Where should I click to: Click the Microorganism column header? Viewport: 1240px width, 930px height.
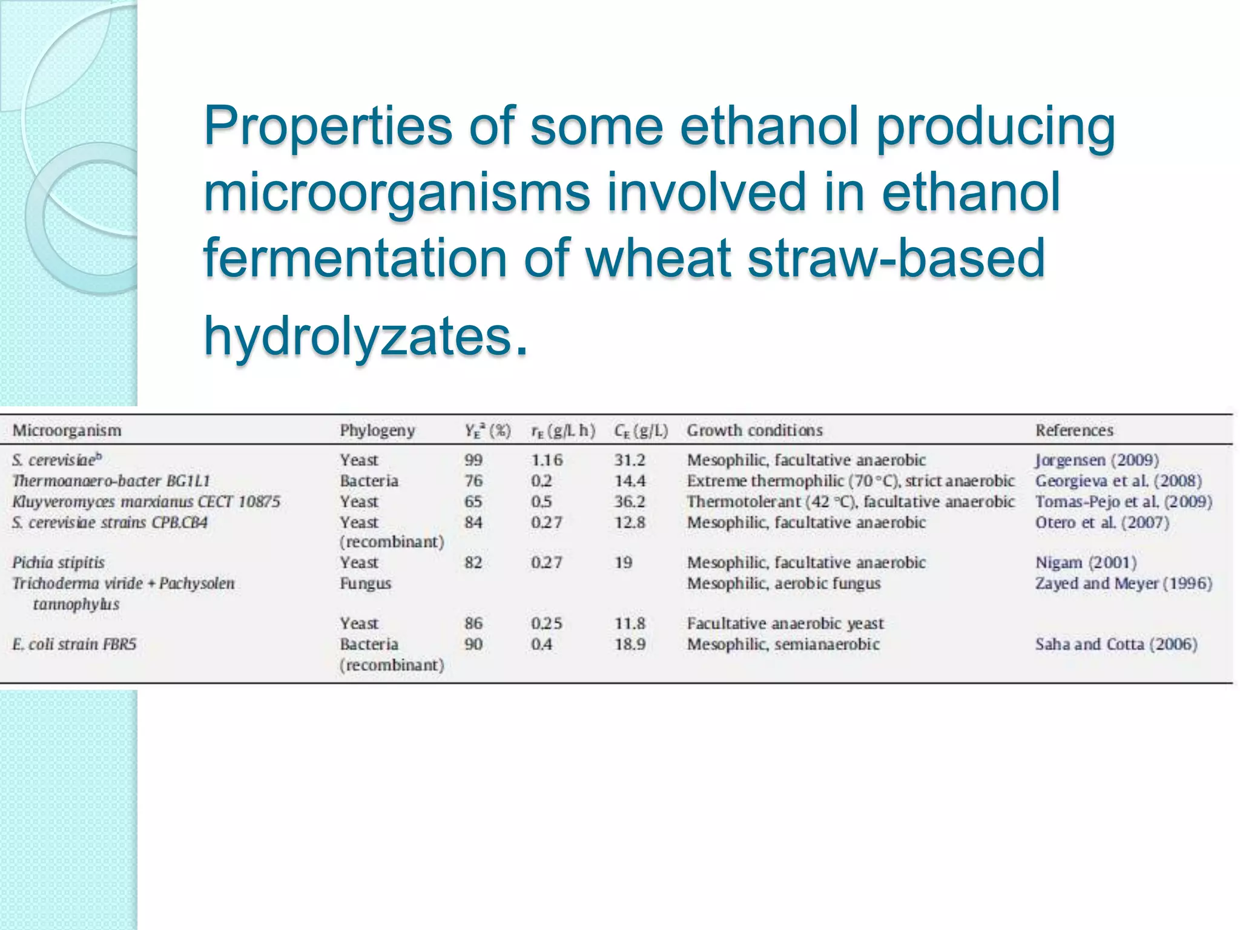67,430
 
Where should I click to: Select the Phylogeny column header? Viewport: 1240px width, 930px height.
377,430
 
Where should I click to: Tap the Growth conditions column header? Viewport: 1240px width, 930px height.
754,430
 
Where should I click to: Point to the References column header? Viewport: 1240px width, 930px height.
1074,430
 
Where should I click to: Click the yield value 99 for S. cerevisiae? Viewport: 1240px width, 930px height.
473,460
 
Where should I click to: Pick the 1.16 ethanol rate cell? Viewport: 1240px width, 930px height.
547,460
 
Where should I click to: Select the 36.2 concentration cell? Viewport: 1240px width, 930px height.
630,502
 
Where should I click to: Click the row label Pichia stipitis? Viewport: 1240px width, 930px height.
59,562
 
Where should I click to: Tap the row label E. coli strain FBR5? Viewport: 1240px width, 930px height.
74,644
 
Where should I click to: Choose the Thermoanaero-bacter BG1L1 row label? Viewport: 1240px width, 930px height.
111,481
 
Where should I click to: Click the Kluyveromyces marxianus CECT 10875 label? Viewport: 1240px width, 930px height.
147,502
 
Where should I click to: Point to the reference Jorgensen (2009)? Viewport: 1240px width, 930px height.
1097,460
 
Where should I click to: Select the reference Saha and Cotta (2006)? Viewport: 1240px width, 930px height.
1116,644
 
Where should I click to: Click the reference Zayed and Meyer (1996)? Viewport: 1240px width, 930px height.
1123,584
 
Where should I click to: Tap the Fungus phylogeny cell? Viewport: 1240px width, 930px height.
365,584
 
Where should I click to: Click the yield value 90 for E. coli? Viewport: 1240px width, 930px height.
473,644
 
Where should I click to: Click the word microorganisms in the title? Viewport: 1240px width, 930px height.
397,192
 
